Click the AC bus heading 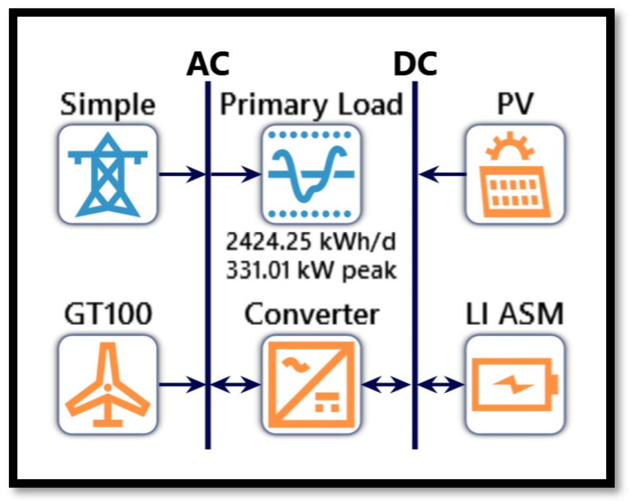[208, 64]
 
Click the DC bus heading [415, 64]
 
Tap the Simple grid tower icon [108, 174]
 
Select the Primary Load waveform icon [311, 174]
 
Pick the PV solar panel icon [515, 174]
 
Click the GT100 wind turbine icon [108, 385]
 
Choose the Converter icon [311, 385]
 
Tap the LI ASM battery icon [515, 385]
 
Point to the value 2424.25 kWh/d [310, 242]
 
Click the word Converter [312, 314]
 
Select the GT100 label [108, 314]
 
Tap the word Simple [108, 105]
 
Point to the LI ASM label [514, 314]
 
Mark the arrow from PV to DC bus [442, 174]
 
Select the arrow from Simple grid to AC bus [182, 174]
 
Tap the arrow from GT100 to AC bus [182, 384]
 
